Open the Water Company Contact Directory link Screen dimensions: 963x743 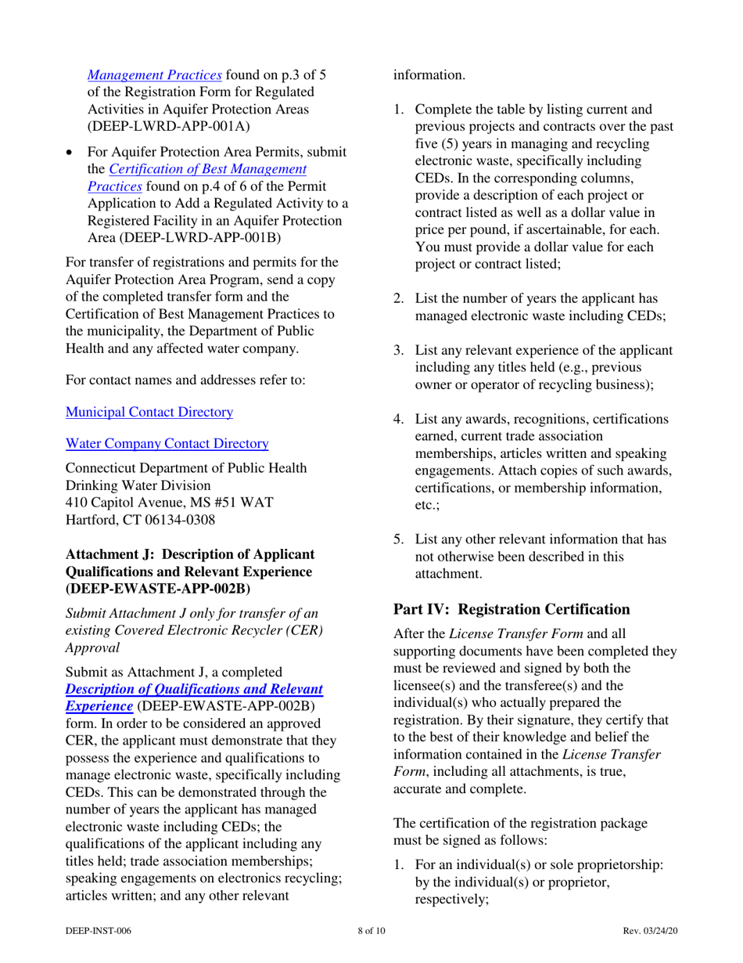click(x=167, y=443)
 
